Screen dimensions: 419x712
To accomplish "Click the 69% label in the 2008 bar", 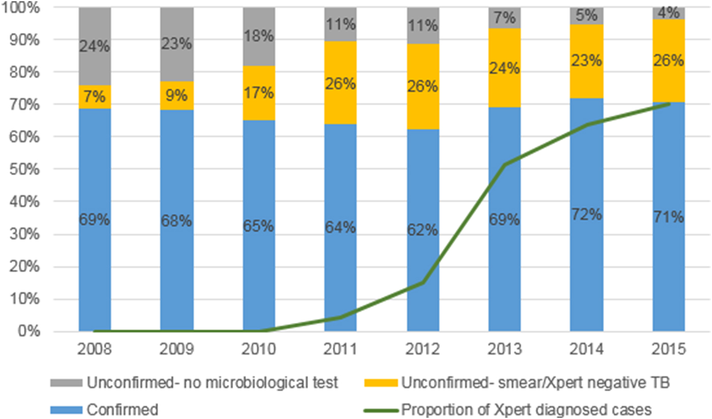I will pyautogui.click(x=95, y=221).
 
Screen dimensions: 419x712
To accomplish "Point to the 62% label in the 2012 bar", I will pyautogui.click(x=422, y=230).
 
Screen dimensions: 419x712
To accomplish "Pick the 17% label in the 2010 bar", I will pyautogui.click(x=258, y=93).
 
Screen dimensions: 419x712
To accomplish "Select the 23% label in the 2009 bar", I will pyautogui.click(x=176, y=44).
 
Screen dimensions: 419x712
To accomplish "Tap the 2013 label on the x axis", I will pyautogui.click(x=504, y=350).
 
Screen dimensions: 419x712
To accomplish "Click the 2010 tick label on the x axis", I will pyautogui.click(x=258, y=350).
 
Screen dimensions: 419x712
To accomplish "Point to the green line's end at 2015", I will pyautogui.click(x=669, y=104).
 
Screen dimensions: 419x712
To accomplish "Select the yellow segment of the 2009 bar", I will pyautogui.click(x=176, y=96).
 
